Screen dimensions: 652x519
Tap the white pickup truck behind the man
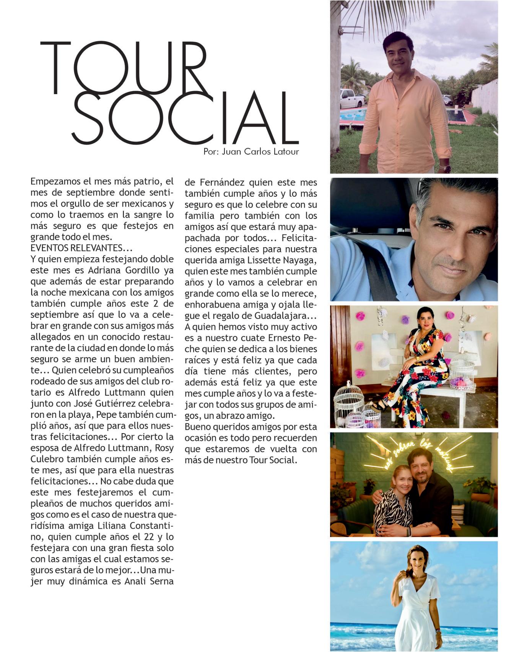point(351,99)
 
